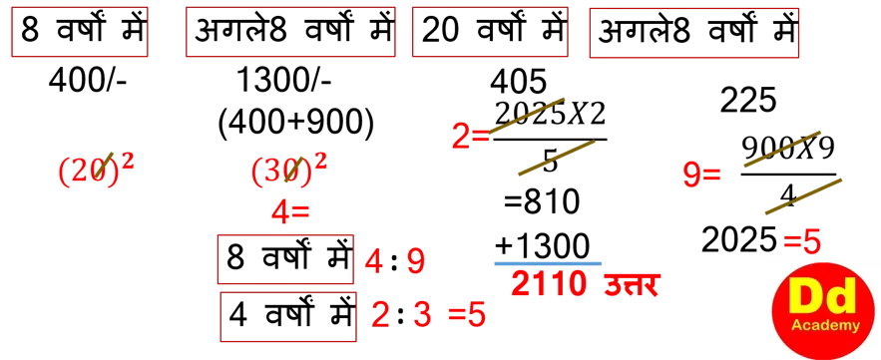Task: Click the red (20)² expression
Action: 96,171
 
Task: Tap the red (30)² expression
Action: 288,171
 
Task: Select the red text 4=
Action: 290,211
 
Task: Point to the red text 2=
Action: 469,136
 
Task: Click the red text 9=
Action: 700,176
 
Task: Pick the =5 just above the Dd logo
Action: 802,241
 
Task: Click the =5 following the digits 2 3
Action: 466,315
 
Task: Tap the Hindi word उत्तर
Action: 632,286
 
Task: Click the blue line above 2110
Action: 547,263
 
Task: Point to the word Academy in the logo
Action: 817,326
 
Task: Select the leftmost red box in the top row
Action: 80,33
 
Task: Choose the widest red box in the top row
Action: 290,33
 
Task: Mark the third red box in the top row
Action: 490,33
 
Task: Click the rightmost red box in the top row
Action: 693,34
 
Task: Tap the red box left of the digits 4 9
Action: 286,259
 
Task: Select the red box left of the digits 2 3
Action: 286,316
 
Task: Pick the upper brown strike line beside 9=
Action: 781,148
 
